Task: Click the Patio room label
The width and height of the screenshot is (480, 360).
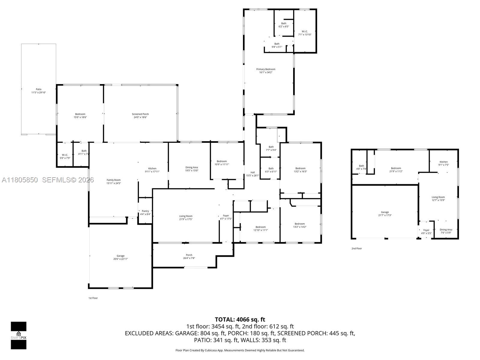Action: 38,89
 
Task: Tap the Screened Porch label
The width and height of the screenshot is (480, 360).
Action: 140,114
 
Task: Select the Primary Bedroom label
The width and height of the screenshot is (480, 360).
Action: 265,69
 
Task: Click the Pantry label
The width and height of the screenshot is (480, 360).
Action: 145,211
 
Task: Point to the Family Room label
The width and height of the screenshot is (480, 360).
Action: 113,180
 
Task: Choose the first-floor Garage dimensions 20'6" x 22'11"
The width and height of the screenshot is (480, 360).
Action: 120,259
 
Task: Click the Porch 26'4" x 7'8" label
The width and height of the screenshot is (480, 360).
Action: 189,256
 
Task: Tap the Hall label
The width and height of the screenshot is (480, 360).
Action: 253,172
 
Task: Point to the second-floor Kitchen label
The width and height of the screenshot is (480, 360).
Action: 443,162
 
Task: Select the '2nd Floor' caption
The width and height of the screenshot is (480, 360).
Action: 356,248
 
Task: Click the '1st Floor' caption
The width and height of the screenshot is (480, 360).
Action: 93,298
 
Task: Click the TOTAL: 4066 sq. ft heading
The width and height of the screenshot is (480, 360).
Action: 240,319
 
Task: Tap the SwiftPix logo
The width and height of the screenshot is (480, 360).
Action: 19,335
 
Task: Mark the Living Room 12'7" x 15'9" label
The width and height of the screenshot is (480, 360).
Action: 438,197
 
